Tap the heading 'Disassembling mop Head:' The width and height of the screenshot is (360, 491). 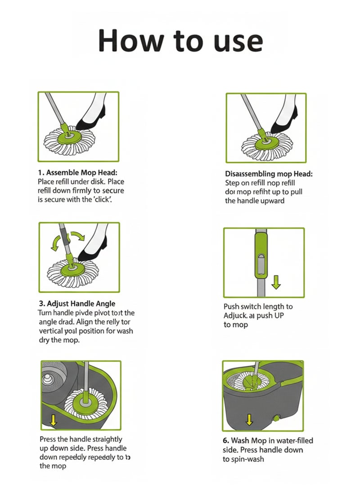point(268,174)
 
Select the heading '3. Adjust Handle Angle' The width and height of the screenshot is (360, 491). point(76,304)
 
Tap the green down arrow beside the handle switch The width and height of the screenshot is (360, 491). point(276,282)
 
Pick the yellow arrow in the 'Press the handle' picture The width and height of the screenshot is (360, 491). point(54,420)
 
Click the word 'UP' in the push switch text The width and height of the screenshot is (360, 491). point(279,315)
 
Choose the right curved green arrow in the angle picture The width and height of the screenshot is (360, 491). point(78,237)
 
